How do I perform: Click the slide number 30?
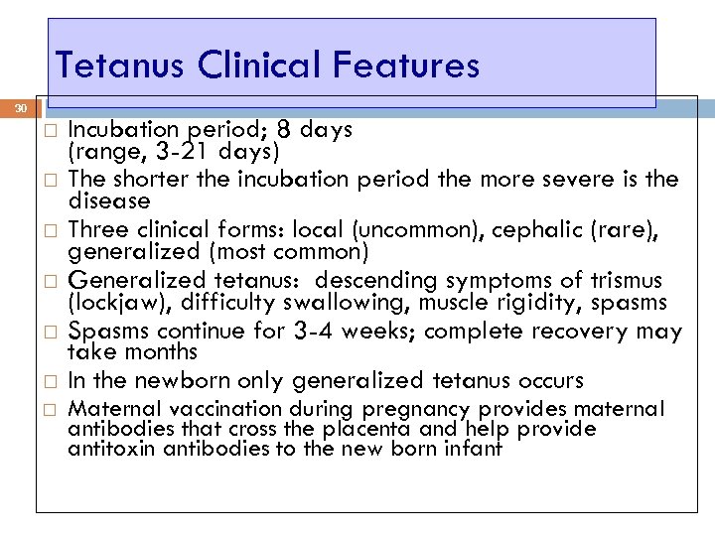(x=21, y=107)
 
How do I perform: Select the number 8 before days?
(x=286, y=129)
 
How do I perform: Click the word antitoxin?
(x=104, y=449)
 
